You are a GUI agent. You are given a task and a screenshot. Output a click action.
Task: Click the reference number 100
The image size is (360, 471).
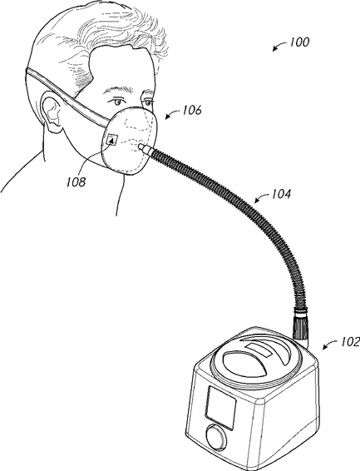point(299,42)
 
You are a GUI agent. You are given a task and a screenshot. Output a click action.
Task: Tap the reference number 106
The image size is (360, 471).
point(191,110)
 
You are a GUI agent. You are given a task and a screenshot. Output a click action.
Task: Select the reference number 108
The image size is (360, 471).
point(76,181)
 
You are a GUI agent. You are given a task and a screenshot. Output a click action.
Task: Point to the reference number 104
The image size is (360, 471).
point(281,194)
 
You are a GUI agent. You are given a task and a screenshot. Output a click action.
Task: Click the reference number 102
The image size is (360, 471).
point(350,341)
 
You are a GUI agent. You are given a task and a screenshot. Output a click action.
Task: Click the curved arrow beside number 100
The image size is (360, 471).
point(279,46)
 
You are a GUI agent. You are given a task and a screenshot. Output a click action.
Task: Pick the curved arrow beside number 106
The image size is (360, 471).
point(172,114)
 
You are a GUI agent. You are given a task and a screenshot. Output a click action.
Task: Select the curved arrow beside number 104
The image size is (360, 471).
point(262,198)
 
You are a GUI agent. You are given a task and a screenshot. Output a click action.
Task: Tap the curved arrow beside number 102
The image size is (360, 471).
point(330,345)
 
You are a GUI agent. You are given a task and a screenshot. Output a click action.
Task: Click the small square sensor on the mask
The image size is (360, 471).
point(112,140)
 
